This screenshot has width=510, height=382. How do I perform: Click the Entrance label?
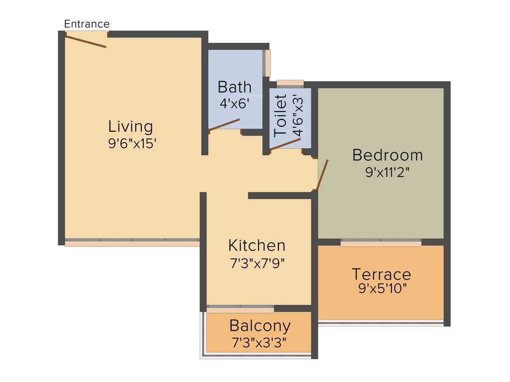pos(87,24)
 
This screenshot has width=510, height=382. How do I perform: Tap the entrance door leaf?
pos(86,41)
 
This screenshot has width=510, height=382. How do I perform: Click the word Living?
pos(130,126)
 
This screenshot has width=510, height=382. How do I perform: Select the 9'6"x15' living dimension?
pos(132,144)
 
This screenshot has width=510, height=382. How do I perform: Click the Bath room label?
pos(235,87)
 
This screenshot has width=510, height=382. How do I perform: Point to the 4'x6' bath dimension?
pos(234,103)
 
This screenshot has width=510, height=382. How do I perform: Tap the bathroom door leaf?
pos(224,125)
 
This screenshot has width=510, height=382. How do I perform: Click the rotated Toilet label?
pos(281,115)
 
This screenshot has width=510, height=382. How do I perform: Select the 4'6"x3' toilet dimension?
pos(297,115)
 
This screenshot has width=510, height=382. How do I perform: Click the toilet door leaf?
pos(285,144)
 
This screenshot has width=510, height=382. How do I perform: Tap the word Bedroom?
pos(387,155)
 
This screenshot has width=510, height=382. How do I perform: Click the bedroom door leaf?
pos(322,175)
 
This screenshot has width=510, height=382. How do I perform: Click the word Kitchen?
pos(256,245)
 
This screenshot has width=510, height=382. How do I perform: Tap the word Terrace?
pos(381,274)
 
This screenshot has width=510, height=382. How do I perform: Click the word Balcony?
pos(259,326)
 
